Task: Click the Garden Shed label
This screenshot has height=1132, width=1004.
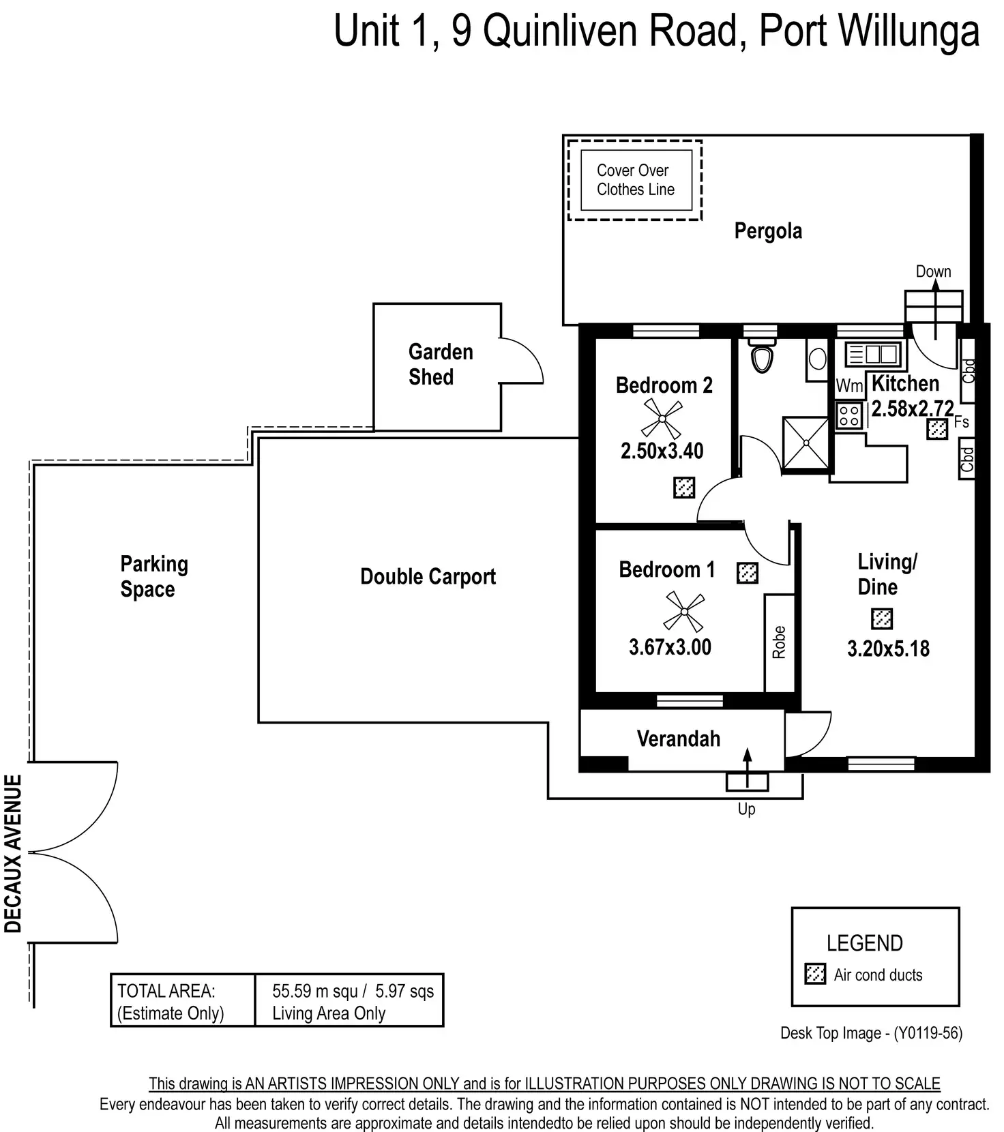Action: (x=440, y=364)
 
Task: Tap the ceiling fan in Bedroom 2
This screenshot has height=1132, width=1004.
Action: (x=662, y=418)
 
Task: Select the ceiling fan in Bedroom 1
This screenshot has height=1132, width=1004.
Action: (x=683, y=612)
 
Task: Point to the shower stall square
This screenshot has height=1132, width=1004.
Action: (x=806, y=443)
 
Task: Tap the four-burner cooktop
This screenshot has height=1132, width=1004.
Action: (x=848, y=415)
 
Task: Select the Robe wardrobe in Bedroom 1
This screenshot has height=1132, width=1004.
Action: (x=779, y=642)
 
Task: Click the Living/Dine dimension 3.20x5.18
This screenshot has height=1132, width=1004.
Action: (x=888, y=649)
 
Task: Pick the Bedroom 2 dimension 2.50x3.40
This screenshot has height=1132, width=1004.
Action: (x=662, y=451)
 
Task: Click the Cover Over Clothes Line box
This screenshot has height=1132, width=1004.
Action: (x=636, y=180)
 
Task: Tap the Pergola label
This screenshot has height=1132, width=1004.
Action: (x=768, y=231)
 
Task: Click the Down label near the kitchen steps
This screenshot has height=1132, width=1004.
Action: (x=933, y=271)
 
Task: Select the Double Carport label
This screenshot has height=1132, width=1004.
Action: (x=428, y=577)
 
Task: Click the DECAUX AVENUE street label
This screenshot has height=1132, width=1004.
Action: (x=14, y=853)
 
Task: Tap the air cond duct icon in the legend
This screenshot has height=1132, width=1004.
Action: (x=815, y=974)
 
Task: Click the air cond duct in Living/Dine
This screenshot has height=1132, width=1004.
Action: (x=882, y=619)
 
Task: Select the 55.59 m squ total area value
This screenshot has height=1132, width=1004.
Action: (x=315, y=991)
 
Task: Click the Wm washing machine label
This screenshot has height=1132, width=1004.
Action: (x=849, y=386)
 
